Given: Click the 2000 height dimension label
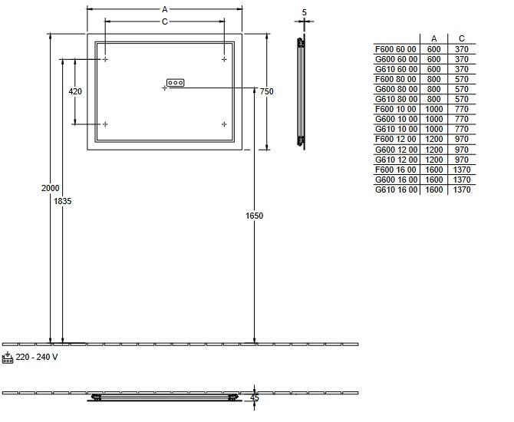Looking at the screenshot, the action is coord(50,188).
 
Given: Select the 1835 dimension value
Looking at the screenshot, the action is coord(62,201).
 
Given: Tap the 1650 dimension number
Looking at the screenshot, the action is coord(255,216).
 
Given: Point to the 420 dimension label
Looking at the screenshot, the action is coord(75,91).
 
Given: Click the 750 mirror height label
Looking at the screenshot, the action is coord(266,91).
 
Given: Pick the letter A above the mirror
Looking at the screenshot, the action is coord(165,10).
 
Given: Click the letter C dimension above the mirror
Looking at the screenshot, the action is coord(165,21).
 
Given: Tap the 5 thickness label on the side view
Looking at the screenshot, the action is coord(305,12).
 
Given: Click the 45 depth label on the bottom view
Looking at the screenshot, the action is coord(255,397).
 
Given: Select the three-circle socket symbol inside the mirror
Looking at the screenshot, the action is coord(176,83).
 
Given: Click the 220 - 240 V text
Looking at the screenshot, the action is coord(37,357).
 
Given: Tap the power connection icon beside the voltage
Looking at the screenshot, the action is coord(8,358).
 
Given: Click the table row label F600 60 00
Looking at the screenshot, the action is coord(396,49).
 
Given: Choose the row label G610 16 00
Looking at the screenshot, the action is coord(397,190).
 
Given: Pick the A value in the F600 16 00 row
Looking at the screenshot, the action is coord(434,170).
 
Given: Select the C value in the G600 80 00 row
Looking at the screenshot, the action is coord(462,89).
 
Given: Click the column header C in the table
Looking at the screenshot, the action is coord(462,38).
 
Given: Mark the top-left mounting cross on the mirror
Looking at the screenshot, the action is coord(105,59).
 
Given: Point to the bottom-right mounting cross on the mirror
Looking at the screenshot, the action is coord(224,124).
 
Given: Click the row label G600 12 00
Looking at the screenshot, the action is coord(397,150).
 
